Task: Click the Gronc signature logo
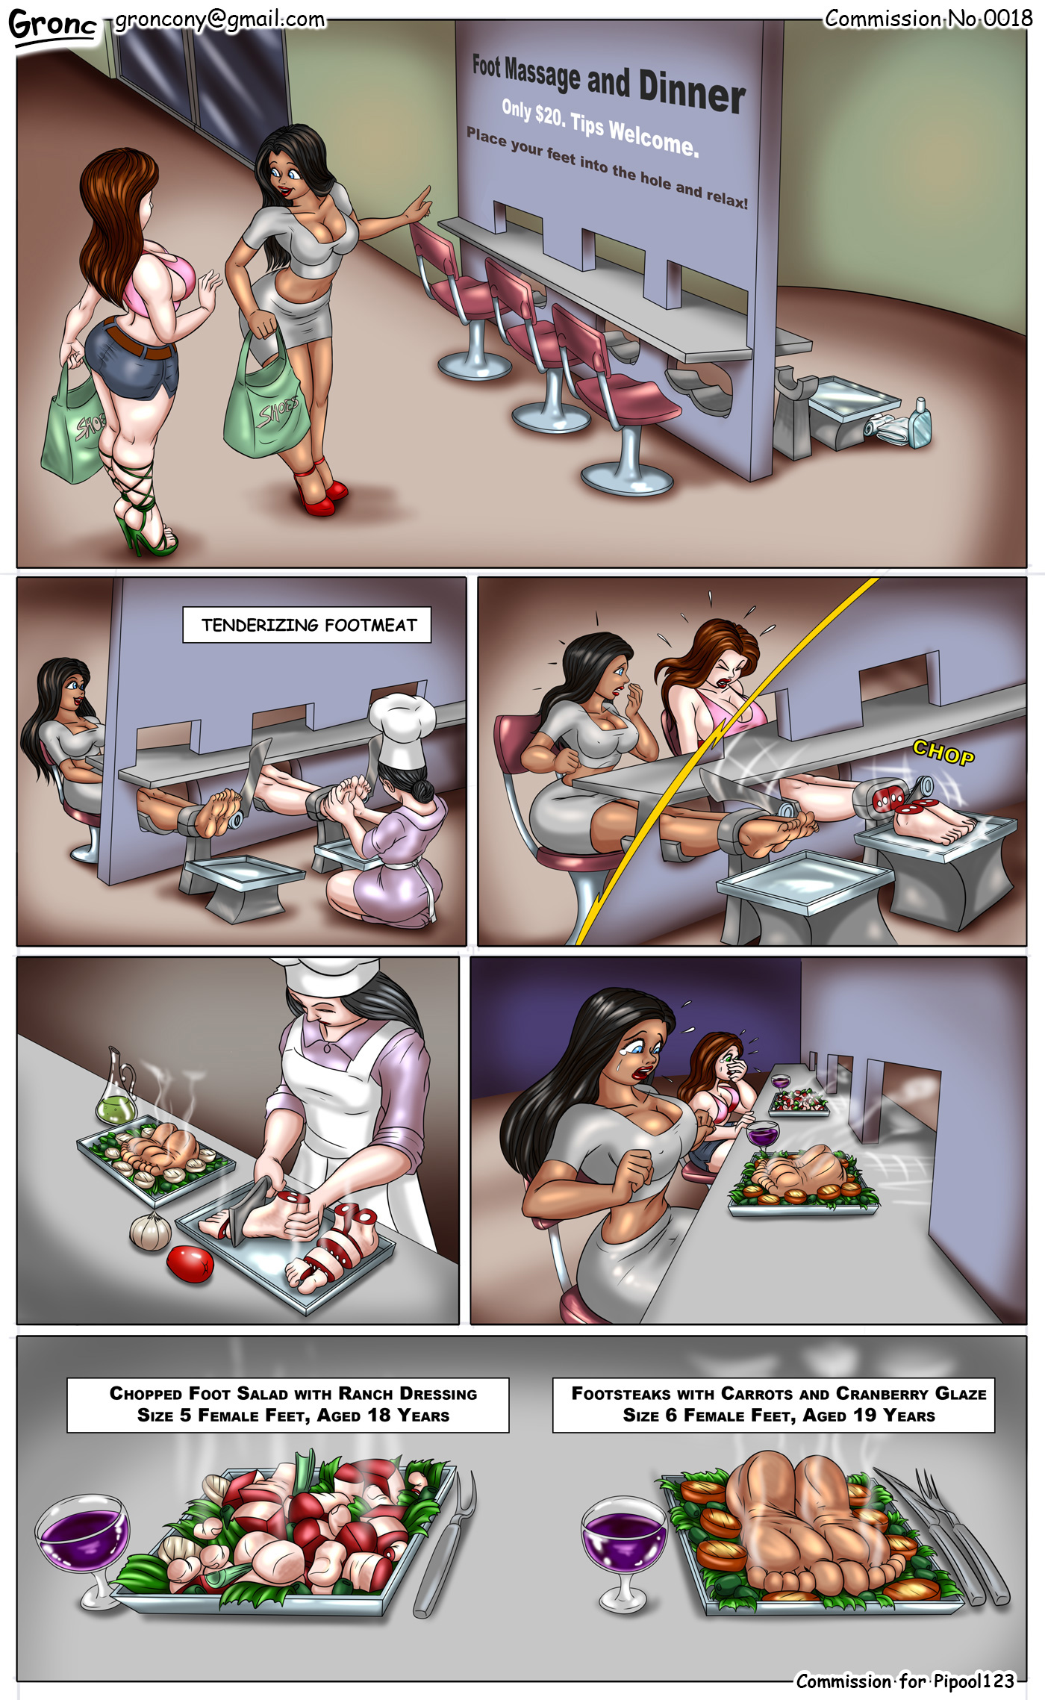(52, 25)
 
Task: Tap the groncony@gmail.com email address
(219, 19)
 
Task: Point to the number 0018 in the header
(1008, 18)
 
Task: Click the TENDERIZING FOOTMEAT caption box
(307, 625)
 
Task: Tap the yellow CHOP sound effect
(943, 753)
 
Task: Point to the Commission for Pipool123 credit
(905, 1681)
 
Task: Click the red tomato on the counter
(190, 1264)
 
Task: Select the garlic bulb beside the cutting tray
(150, 1230)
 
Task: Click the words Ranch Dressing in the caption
(408, 1393)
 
